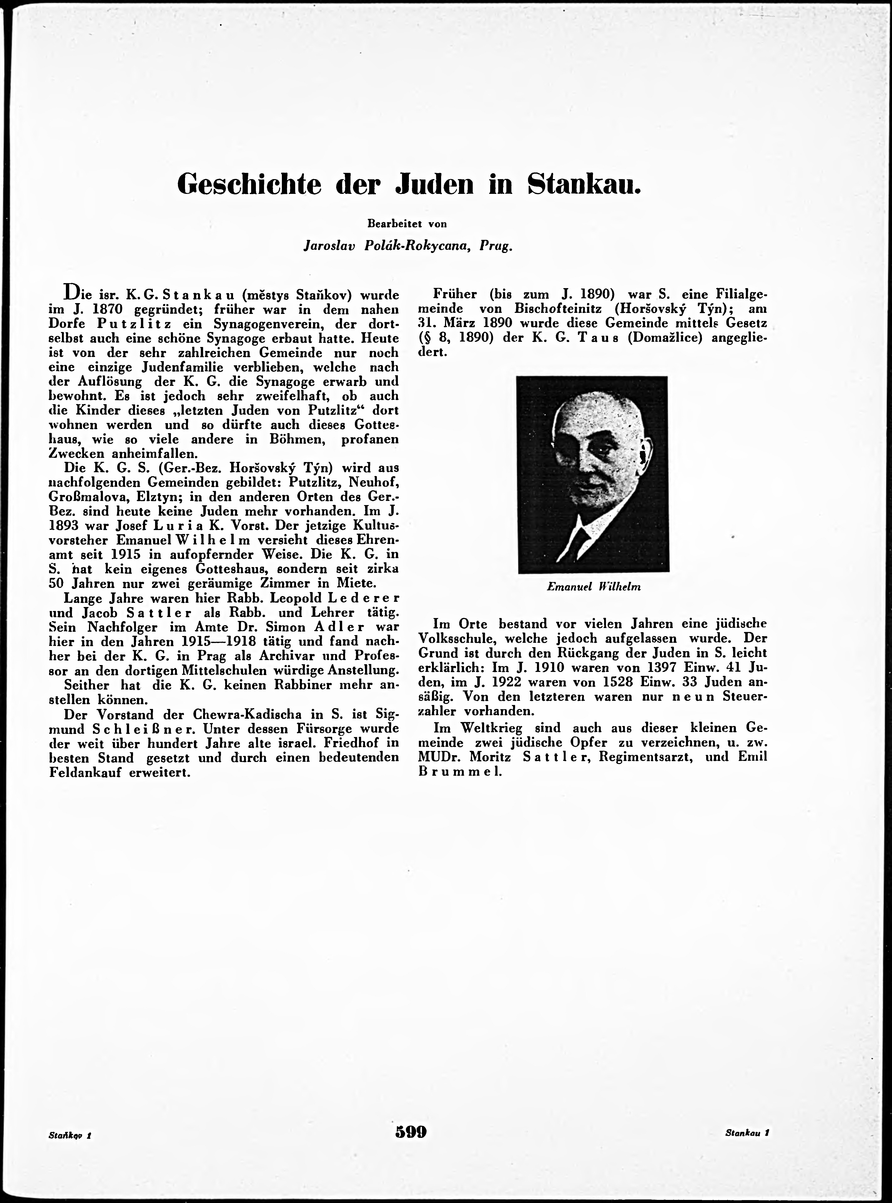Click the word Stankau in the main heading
tap(584, 184)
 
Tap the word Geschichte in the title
tap(249, 184)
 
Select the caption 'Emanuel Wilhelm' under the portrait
tap(593, 587)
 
